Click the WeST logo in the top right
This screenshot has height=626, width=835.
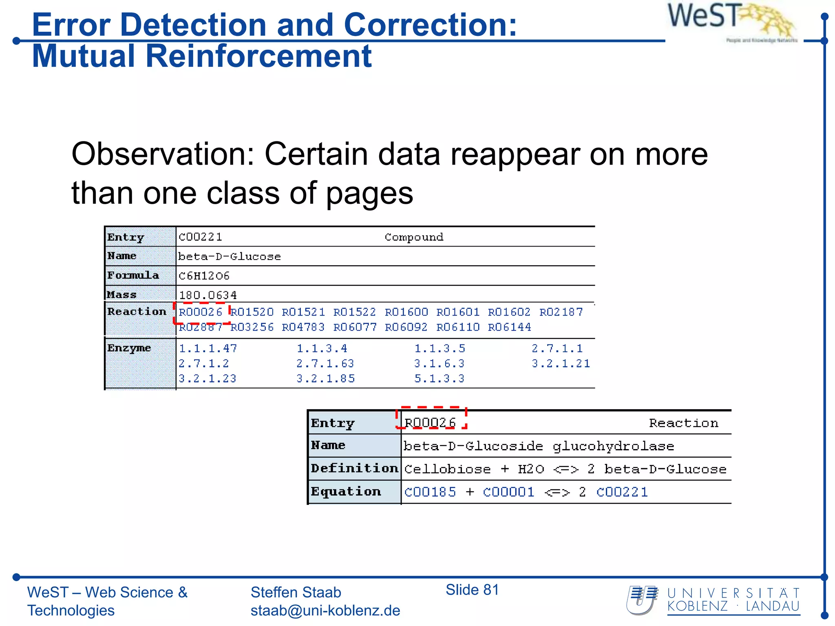[732, 20]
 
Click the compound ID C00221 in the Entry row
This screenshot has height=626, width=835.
[200, 237]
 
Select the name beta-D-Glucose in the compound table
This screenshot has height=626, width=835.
[230, 256]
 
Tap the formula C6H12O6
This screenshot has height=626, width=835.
[204, 276]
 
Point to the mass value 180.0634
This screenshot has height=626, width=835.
[208, 295]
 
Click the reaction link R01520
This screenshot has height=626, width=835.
[252, 312]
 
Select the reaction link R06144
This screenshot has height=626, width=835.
[510, 327]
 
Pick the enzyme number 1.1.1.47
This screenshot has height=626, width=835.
[208, 348]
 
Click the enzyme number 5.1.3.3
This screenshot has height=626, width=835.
[439, 379]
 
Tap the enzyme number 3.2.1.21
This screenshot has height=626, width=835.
[561, 364]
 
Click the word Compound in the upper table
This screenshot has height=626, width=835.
[414, 237]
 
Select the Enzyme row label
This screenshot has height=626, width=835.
[129, 348]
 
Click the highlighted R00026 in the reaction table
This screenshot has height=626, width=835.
[430, 423]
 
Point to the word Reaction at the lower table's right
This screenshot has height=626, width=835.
[684, 423]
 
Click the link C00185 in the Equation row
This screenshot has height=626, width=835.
[430, 492]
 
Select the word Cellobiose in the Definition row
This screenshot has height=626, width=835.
[447, 469]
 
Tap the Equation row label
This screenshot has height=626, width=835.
[346, 492]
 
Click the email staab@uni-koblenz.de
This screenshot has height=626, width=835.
[325, 611]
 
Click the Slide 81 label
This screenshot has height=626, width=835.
[472, 590]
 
